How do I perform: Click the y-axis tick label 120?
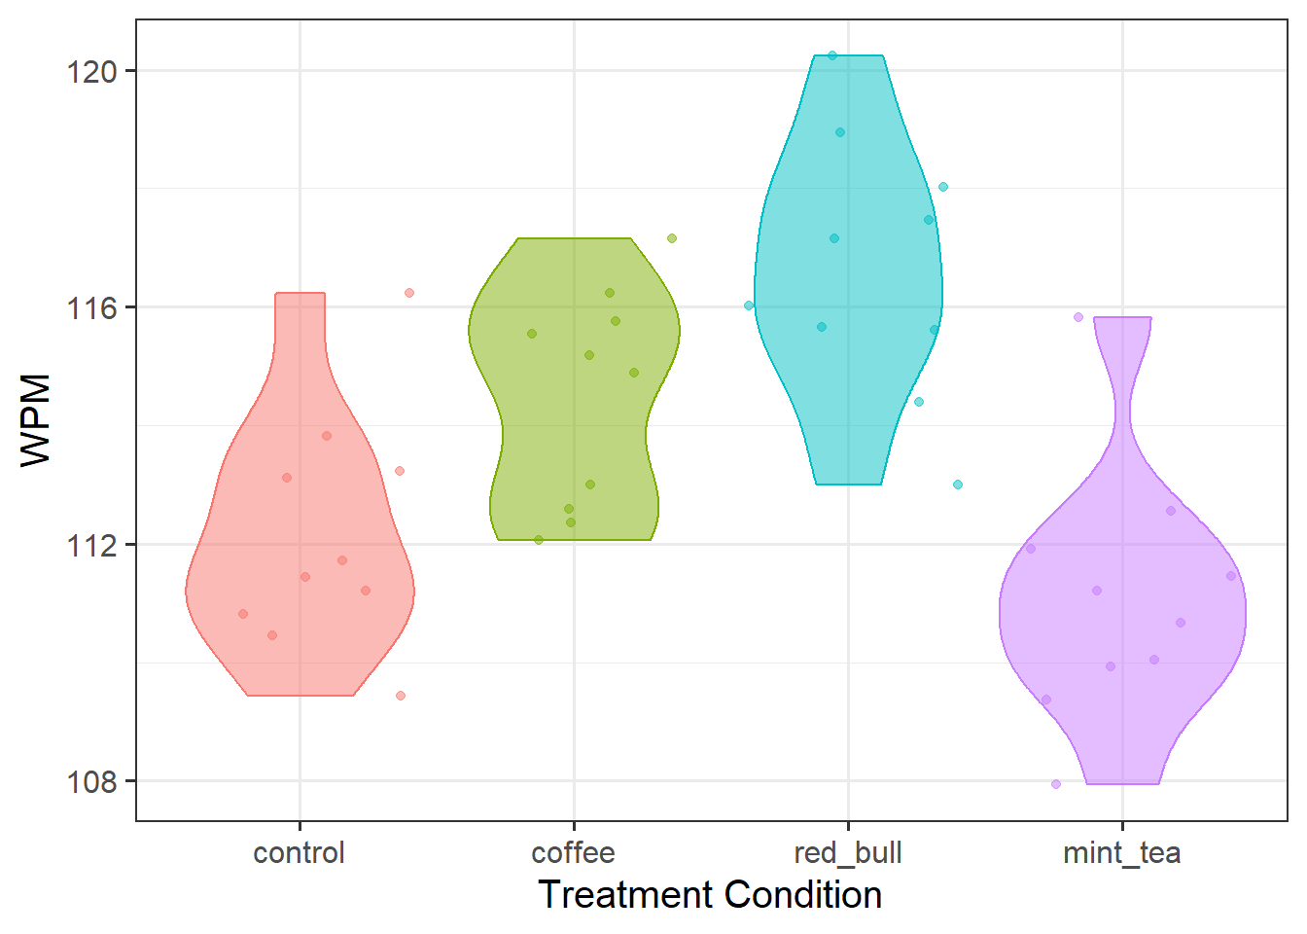[x=91, y=71]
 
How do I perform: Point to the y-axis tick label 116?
[x=91, y=307]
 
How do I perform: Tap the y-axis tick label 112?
[x=91, y=545]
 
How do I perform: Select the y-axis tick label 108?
[x=91, y=781]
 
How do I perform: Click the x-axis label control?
[x=299, y=853]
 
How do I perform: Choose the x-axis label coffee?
[x=573, y=853]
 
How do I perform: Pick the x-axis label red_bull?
[x=848, y=853]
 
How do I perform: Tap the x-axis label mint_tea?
[x=1121, y=853]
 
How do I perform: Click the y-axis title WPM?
[x=36, y=420]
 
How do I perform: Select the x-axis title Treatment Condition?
[x=710, y=895]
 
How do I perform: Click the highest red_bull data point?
[x=832, y=55]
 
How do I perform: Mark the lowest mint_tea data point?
[x=1056, y=784]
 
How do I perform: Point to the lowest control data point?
[x=401, y=696]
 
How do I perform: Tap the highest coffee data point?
[x=672, y=238]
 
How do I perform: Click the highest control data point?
[x=409, y=293]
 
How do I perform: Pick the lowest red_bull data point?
[x=958, y=485]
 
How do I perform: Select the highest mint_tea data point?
[x=1078, y=317]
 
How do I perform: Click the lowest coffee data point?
[x=539, y=540]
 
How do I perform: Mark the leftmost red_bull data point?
[x=749, y=305]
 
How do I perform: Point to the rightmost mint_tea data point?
[x=1231, y=576]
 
